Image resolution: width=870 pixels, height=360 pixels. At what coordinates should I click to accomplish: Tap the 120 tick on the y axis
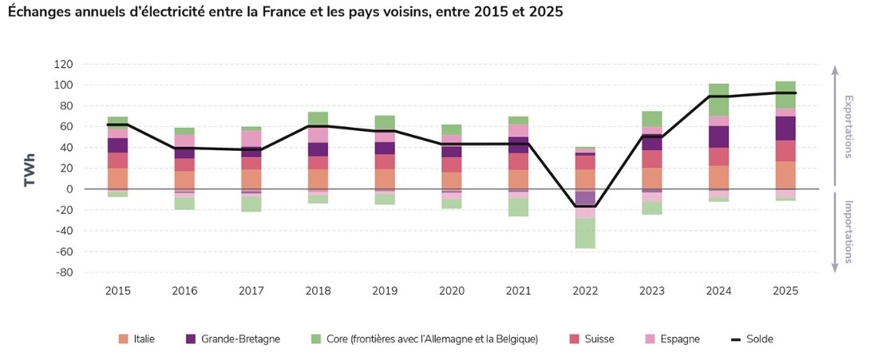(x=85, y=64)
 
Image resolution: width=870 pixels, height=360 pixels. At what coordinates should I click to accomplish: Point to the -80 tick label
(x=85, y=272)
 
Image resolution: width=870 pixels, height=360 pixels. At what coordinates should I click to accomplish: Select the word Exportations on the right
(x=849, y=127)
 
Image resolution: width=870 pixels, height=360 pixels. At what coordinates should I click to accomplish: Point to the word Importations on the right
(x=849, y=231)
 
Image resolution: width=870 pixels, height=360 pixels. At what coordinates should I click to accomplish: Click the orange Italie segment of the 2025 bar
(x=786, y=176)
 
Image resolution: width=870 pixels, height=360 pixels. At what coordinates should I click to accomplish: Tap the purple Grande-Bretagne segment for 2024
(x=718, y=136)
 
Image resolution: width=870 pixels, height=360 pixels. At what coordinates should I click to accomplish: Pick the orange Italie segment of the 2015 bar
(x=118, y=179)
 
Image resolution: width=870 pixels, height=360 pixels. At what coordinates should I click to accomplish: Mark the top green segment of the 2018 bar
(x=318, y=119)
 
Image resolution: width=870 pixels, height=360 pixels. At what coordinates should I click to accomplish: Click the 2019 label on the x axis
(x=386, y=290)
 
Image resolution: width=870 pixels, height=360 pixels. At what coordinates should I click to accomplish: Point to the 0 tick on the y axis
(x=92, y=189)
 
